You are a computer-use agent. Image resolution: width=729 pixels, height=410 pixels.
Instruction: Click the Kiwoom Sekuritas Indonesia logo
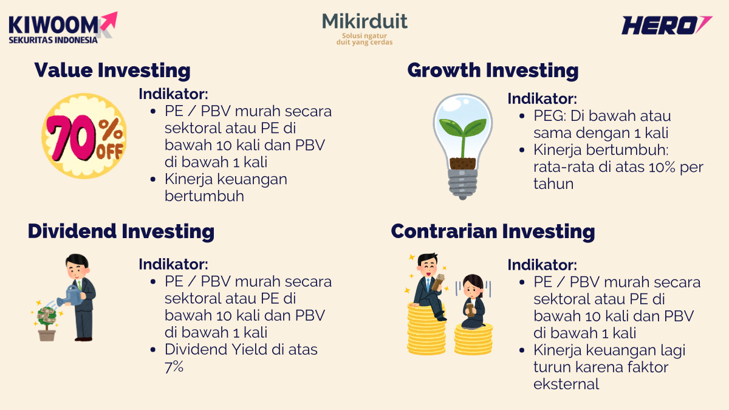(61, 28)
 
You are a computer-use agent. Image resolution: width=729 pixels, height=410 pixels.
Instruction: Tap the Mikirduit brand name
(364, 22)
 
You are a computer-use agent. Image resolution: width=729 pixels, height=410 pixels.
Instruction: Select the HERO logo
(666, 26)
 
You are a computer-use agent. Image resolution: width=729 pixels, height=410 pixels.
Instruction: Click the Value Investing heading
(112, 70)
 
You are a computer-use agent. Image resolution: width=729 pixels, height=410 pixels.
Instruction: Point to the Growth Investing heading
(493, 70)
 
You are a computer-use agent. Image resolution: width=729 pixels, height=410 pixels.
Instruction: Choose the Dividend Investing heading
(121, 231)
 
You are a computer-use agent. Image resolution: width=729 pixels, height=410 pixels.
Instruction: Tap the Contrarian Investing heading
(493, 231)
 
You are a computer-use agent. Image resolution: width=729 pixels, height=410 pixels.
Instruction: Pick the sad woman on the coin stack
(473, 301)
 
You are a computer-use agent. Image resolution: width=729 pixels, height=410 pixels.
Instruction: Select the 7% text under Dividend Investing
(174, 367)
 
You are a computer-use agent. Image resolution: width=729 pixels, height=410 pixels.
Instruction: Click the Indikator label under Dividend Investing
(173, 264)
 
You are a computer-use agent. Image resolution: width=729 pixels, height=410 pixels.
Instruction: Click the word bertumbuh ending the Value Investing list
(204, 196)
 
